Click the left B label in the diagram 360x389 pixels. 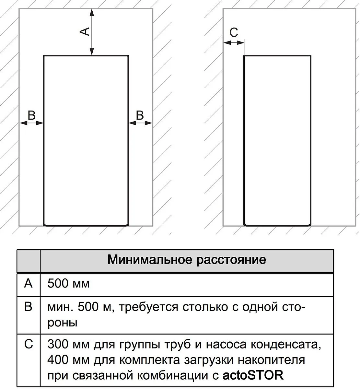[x=31, y=115]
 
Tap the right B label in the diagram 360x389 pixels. [x=140, y=115]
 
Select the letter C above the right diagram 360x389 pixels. [x=234, y=32]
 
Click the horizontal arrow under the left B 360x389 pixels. [x=31, y=123]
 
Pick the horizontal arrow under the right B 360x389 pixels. [x=140, y=123]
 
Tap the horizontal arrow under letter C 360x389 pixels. [x=234, y=42]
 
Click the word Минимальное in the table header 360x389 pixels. [x=150, y=260]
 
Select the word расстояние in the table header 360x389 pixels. [x=231, y=260]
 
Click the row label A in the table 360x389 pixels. [x=29, y=284]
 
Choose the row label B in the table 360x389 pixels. [x=29, y=307]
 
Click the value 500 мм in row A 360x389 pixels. [x=68, y=284]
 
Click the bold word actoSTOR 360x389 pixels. [x=253, y=375]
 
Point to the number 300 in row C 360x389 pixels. [x=58, y=344]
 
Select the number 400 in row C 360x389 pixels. [x=58, y=360]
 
